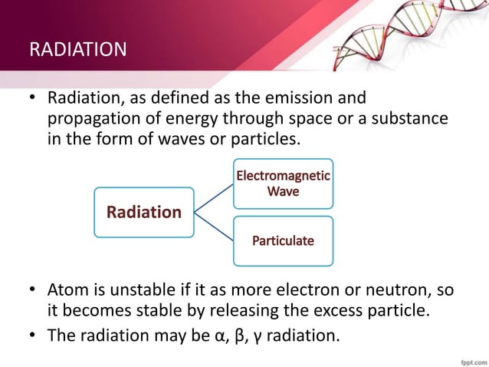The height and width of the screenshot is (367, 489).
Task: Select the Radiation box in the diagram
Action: pos(143,211)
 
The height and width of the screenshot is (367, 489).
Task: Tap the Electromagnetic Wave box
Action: pos(283,183)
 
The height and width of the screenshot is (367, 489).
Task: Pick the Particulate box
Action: pos(283,240)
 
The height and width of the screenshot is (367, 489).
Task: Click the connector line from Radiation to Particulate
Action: pos(213,226)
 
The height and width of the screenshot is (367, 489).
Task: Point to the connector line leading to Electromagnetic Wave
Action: pos(213,197)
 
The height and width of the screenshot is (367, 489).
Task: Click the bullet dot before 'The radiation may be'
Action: pos(33,334)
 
